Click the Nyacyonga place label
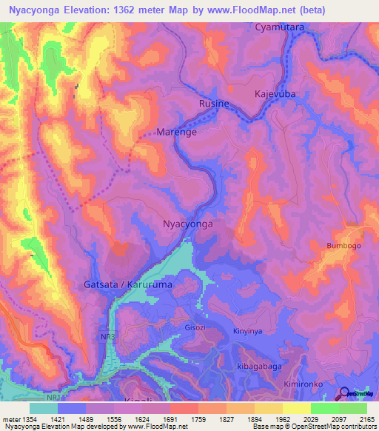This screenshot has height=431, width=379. point(187,223)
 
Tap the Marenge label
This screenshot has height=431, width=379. point(175,133)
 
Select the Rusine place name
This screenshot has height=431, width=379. point(214,104)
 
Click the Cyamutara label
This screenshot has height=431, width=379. point(280,27)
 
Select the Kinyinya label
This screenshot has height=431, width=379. point(246,331)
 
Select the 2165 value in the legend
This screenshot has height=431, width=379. point(366,420)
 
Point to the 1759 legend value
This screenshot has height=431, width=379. point(198,420)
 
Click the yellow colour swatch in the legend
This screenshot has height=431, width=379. point(296,408)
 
